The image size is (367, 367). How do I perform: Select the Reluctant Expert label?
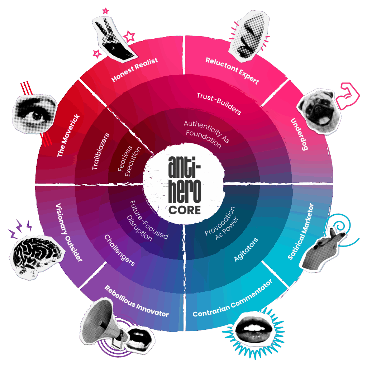coord(232,70)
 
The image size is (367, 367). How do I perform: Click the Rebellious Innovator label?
coord(136,301)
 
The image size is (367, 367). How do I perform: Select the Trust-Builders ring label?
coord(219,104)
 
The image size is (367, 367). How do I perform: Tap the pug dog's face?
coord(315,109)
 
